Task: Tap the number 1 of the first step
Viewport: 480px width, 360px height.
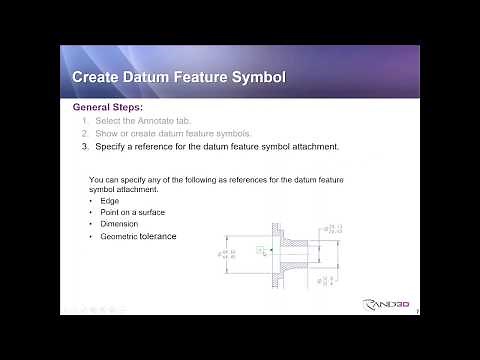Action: click(x=85, y=120)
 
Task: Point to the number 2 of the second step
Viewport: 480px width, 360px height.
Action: click(x=85, y=133)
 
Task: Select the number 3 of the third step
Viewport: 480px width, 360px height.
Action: click(x=85, y=146)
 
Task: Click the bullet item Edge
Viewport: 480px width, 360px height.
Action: click(x=110, y=200)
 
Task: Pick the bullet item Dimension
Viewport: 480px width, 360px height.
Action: click(x=120, y=224)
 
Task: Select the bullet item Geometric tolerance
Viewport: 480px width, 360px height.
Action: click(x=138, y=237)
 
